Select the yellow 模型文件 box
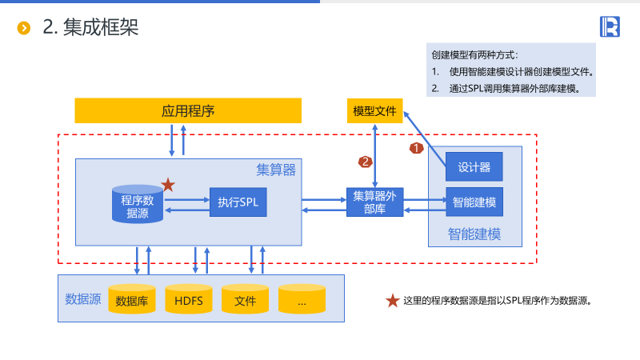[x=374, y=110]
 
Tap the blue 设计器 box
[x=474, y=166]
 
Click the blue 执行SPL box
[x=238, y=203]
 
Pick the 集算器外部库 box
[x=374, y=202]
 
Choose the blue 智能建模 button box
[x=474, y=202]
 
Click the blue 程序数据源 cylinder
[x=138, y=206]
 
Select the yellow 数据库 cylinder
[x=132, y=300]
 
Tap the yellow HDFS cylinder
[x=189, y=300]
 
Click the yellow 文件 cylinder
[x=245, y=300]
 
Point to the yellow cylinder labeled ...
[x=302, y=300]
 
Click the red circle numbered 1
[x=416, y=148]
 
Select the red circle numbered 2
[x=366, y=162]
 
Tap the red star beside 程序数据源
[x=168, y=185]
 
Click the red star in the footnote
[x=393, y=301]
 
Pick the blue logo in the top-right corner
[x=610, y=27]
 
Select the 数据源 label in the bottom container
[x=82, y=299]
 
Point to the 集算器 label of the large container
[x=276, y=170]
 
